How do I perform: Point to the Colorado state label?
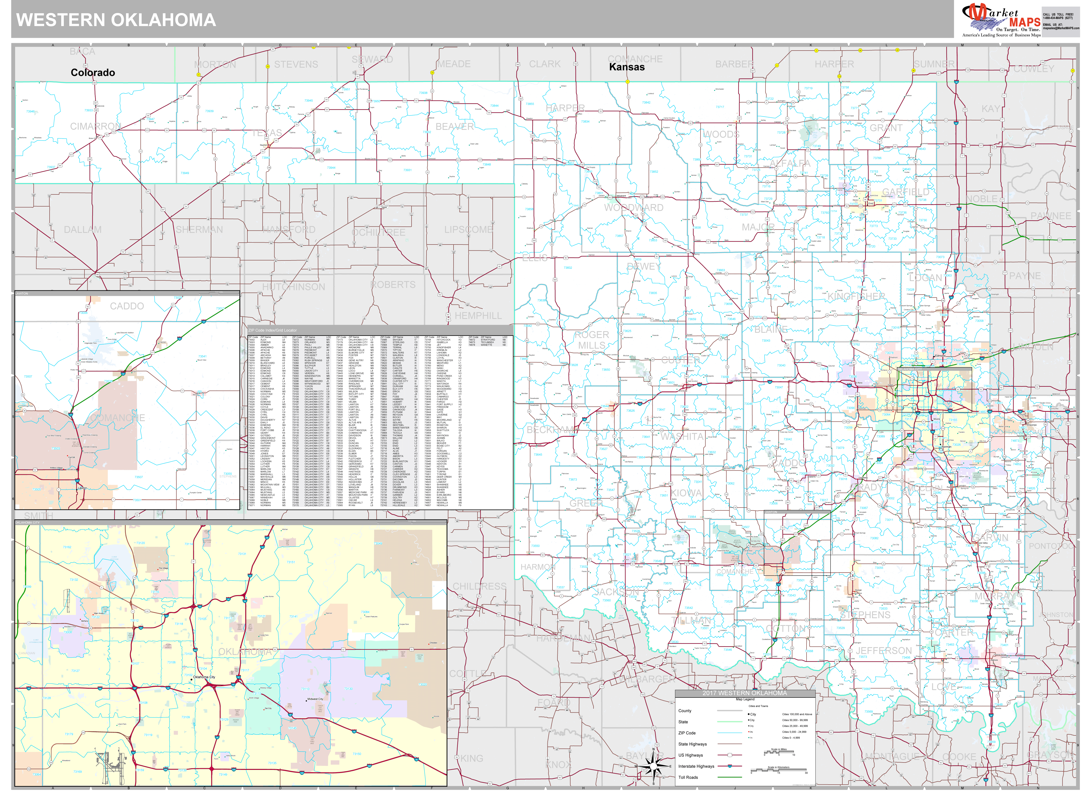[93, 73]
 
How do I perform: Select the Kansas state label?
[627, 67]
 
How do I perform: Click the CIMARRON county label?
[95, 127]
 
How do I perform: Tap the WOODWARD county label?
[633, 208]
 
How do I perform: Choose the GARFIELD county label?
[905, 192]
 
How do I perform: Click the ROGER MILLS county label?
[592, 340]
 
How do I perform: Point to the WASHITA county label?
[682, 437]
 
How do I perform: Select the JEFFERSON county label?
[883, 651]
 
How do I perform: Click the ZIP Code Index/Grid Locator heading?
[273, 330]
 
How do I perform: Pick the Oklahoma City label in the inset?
[204, 677]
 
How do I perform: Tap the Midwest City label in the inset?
[315, 699]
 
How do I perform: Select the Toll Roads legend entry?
[688, 777]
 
